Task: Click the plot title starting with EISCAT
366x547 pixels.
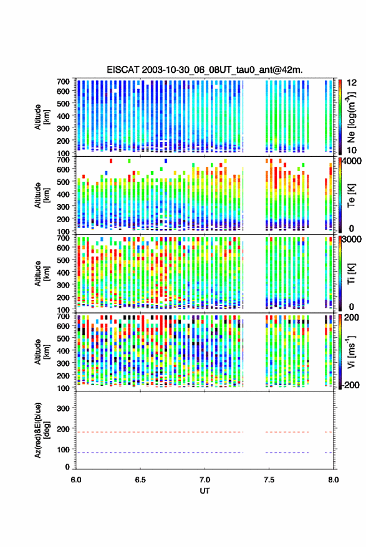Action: pyautogui.click(x=205, y=70)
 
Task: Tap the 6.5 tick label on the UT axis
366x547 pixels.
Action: pyautogui.click(x=140, y=480)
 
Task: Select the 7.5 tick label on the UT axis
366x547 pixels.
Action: pyautogui.click(x=269, y=480)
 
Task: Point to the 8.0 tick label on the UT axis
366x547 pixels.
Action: pyautogui.click(x=334, y=480)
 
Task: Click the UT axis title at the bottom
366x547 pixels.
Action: pyautogui.click(x=205, y=491)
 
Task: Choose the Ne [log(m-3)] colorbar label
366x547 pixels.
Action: pyautogui.click(x=351, y=117)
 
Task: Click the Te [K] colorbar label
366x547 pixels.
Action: pyautogui.click(x=351, y=195)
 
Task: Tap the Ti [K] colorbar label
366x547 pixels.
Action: pyautogui.click(x=351, y=274)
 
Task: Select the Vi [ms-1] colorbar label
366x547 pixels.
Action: pyautogui.click(x=351, y=352)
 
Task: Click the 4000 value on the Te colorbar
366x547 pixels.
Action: pyautogui.click(x=352, y=161)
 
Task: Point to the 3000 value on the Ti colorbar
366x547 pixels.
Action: pyautogui.click(x=352, y=240)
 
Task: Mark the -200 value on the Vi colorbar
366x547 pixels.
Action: pyautogui.click(x=350, y=385)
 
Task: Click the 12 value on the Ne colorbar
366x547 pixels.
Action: pyautogui.click(x=352, y=83)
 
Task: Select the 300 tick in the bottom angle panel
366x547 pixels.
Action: pyautogui.click(x=63, y=408)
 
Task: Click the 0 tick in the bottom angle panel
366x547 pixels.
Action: pyautogui.click(x=67, y=467)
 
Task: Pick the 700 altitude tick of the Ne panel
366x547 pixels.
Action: pyautogui.click(x=63, y=82)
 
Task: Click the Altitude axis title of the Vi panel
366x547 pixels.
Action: pyautogui.click(x=42, y=352)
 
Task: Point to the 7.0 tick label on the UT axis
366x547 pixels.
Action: pyautogui.click(x=205, y=480)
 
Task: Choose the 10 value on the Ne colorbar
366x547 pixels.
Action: pyautogui.click(x=352, y=150)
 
